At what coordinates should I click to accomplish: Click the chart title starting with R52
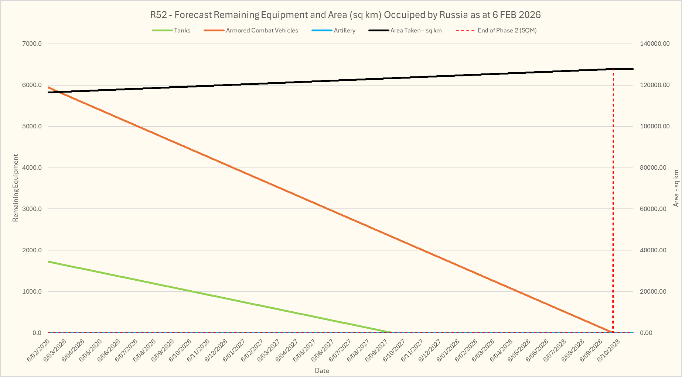pyautogui.click(x=345, y=15)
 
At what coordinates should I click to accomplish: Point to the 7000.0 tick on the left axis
pyautogui.click(x=32, y=44)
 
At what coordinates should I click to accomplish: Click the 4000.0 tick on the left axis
pyautogui.click(x=32, y=168)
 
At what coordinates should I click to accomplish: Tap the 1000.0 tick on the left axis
pyautogui.click(x=32, y=292)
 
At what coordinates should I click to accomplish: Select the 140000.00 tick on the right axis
pyautogui.click(x=654, y=44)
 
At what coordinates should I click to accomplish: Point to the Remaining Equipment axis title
pyautogui.click(x=16, y=188)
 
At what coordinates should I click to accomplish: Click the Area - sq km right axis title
pyautogui.click(x=676, y=188)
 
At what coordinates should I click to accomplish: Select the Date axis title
pyautogui.click(x=322, y=371)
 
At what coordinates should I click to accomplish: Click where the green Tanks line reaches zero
pyautogui.click(x=392, y=332)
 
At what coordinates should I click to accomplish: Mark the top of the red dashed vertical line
pyautogui.click(x=613, y=69)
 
